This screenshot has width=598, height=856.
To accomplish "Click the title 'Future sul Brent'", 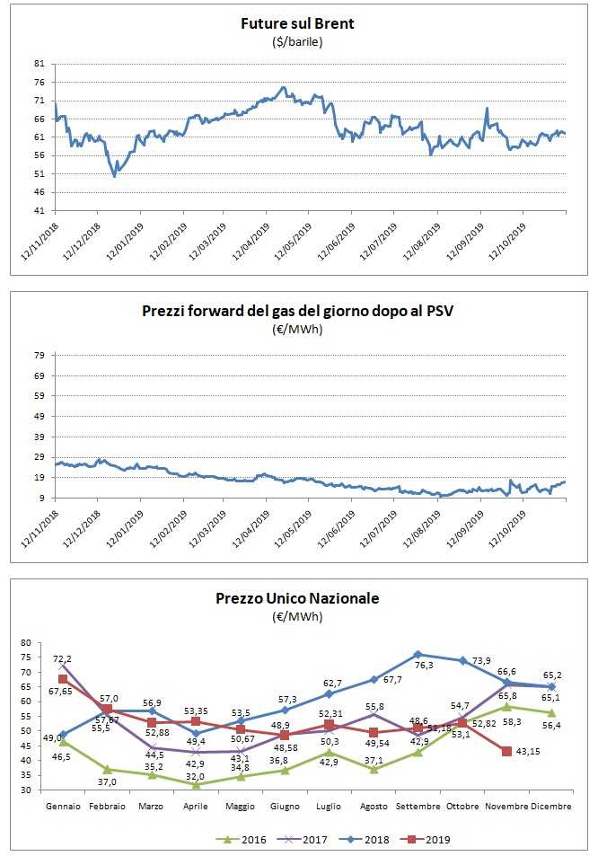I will click(298, 23).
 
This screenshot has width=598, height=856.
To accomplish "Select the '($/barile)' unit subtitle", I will click(298, 41).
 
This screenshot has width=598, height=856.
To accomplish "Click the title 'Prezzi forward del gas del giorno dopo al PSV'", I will click(298, 312).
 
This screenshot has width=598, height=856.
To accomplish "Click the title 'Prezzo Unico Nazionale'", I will click(298, 598).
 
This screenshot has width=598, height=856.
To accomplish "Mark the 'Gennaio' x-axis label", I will click(63, 807).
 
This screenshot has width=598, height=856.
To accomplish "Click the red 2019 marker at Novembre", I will click(507, 751).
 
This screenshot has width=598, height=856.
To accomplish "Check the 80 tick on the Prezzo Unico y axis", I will click(25, 643).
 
